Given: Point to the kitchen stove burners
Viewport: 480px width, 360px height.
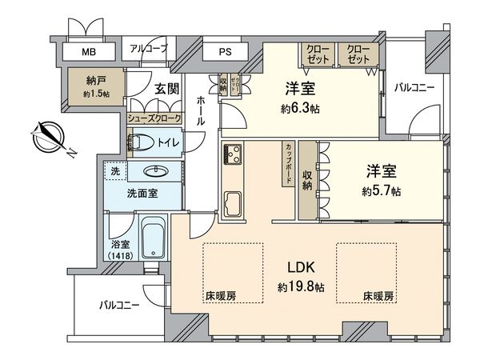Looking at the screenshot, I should click(233, 154).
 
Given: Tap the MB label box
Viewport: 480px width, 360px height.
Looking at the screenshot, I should click(86, 54).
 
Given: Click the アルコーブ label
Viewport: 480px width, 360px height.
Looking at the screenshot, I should click(149, 50).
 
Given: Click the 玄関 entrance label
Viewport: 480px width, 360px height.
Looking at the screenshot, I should click(166, 88).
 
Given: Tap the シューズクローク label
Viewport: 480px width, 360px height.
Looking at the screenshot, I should click(154, 118).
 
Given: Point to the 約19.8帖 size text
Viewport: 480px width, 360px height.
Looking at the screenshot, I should click(301, 286).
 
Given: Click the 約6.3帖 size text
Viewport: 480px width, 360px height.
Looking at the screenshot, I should click(301, 108).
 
